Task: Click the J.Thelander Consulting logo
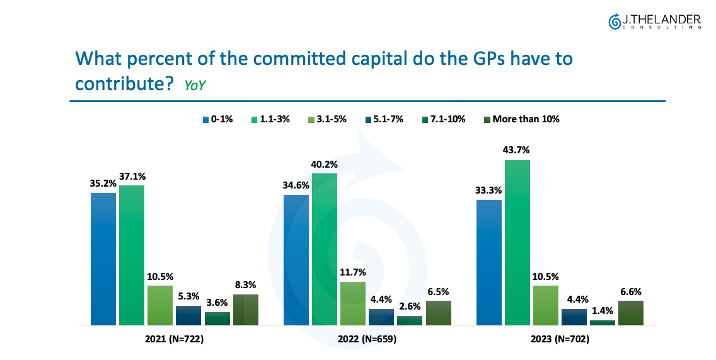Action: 654,22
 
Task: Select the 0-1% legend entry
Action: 218,119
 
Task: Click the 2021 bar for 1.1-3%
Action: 132,255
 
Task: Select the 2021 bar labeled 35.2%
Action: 103,258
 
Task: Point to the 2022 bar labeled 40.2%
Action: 325,249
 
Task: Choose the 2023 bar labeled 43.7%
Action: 517,243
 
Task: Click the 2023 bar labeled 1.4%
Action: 602,323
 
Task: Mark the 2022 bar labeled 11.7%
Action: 353,303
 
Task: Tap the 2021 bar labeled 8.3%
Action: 245,310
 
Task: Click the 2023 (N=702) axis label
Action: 560,339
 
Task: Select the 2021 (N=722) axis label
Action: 174,339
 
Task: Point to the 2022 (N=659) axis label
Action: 367,339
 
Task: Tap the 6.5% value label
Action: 438,292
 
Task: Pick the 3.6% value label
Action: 217,303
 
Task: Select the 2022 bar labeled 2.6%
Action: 410,320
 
